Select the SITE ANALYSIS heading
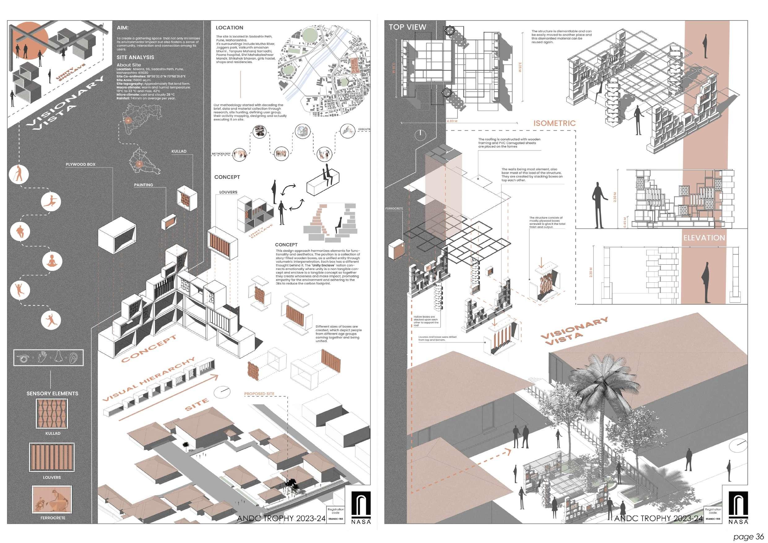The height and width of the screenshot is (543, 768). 135,57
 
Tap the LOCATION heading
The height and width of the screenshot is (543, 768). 229,28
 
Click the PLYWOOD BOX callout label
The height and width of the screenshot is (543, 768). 80,164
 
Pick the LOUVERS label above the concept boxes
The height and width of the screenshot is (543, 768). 228,192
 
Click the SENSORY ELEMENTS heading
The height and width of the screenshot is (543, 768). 52,393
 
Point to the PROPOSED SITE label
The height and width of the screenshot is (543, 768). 259,394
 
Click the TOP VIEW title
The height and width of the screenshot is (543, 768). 407,27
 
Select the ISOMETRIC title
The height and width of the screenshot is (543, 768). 554,123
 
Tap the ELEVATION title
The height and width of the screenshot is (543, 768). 704,238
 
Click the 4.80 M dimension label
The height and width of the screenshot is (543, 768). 452,121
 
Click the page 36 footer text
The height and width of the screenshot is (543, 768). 748,536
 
